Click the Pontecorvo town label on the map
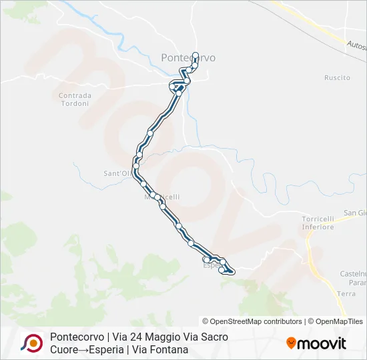pos(188,58)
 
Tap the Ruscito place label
pos(337,78)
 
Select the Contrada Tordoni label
pos(75,99)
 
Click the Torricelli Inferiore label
pos(318,223)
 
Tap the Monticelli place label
pos(163,197)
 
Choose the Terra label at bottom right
pos(346,293)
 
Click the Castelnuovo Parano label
pos(353,278)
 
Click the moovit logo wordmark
pos(322,344)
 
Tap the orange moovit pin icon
pos(291,343)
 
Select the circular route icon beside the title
pos(31,343)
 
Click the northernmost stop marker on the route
pos(196,55)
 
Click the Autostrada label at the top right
pos(356,45)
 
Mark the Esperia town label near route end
pos(211,264)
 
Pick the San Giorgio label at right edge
pos(355,213)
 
